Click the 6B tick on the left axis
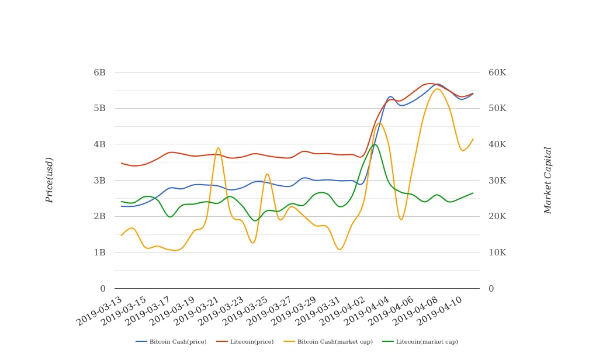point(99,72)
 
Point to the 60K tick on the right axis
point(497,72)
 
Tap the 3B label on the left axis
point(99,181)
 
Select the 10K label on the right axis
point(497,252)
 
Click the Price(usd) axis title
point(50,180)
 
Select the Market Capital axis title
point(548,180)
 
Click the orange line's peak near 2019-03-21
point(219,148)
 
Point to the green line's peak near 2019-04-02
point(375,144)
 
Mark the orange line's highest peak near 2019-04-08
point(437,89)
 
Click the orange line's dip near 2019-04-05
point(401,220)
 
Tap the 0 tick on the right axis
point(491,289)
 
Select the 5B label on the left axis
point(99,109)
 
